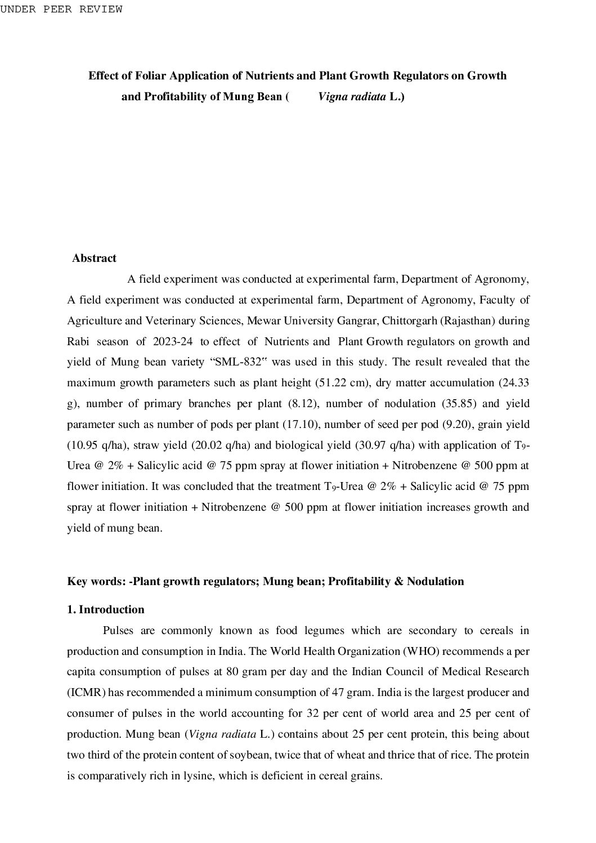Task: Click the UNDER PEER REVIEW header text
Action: (x=61, y=10)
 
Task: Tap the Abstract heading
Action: (x=94, y=258)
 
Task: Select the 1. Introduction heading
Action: (x=106, y=610)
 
